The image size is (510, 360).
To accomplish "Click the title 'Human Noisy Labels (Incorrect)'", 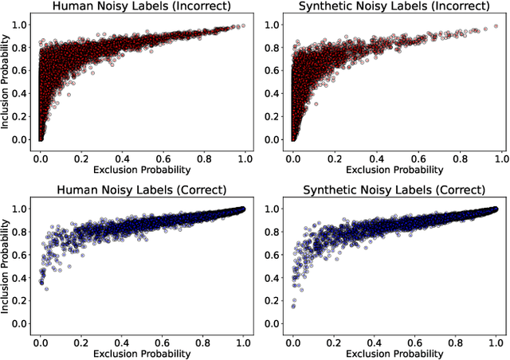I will click(x=142, y=7).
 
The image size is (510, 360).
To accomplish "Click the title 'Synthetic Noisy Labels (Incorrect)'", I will click(x=394, y=7).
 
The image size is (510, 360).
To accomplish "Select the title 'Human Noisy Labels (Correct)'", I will click(x=142, y=190).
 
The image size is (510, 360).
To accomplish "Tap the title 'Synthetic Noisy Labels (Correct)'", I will click(x=394, y=190).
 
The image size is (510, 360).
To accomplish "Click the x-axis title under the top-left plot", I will click(x=142, y=170).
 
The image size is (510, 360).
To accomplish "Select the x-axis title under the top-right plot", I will click(x=394, y=170).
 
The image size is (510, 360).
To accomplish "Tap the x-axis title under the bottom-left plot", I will click(x=142, y=353).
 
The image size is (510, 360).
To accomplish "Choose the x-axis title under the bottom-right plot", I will click(x=394, y=353).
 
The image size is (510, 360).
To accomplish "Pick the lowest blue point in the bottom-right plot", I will click(x=292, y=305).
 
